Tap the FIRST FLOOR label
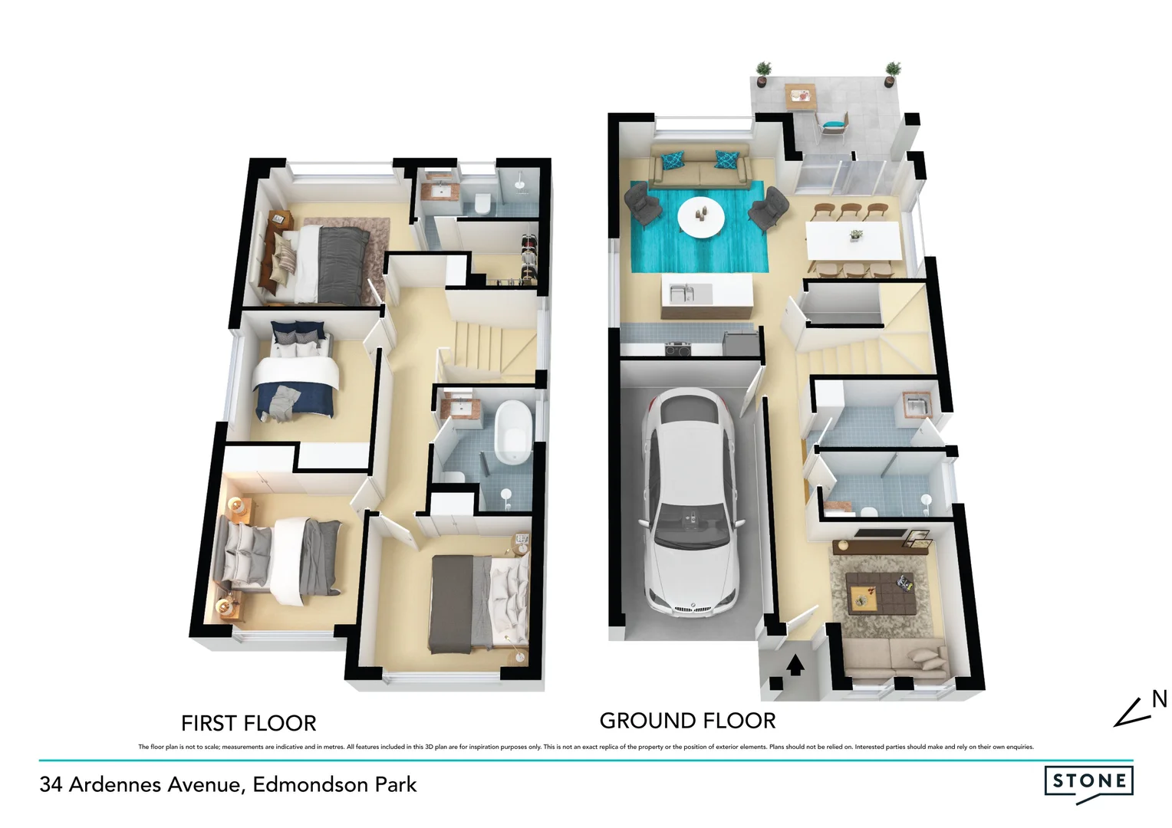tap(248, 723)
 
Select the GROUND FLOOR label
tap(687, 721)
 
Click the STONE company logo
tap(1088, 782)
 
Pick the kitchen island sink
tap(681, 292)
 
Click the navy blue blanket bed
tap(295, 379)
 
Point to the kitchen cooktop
tap(677, 350)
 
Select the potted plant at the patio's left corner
tap(762, 74)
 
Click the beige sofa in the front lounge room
tap(894, 658)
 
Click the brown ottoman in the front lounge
tap(881, 590)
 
